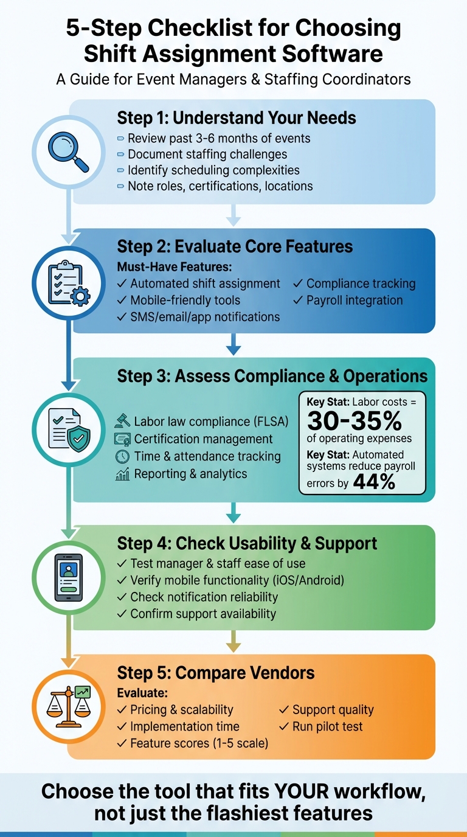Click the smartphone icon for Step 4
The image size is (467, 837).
click(x=69, y=577)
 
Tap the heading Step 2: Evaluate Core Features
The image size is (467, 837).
click(x=235, y=246)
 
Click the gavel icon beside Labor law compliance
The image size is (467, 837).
click(x=122, y=421)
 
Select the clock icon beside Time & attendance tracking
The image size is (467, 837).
click(x=122, y=456)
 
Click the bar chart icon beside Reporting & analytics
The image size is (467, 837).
click(x=122, y=474)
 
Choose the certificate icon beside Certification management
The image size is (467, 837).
click(x=122, y=439)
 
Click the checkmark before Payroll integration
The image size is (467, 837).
click(x=298, y=300)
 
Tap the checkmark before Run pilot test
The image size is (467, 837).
click(x=284, y=726)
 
